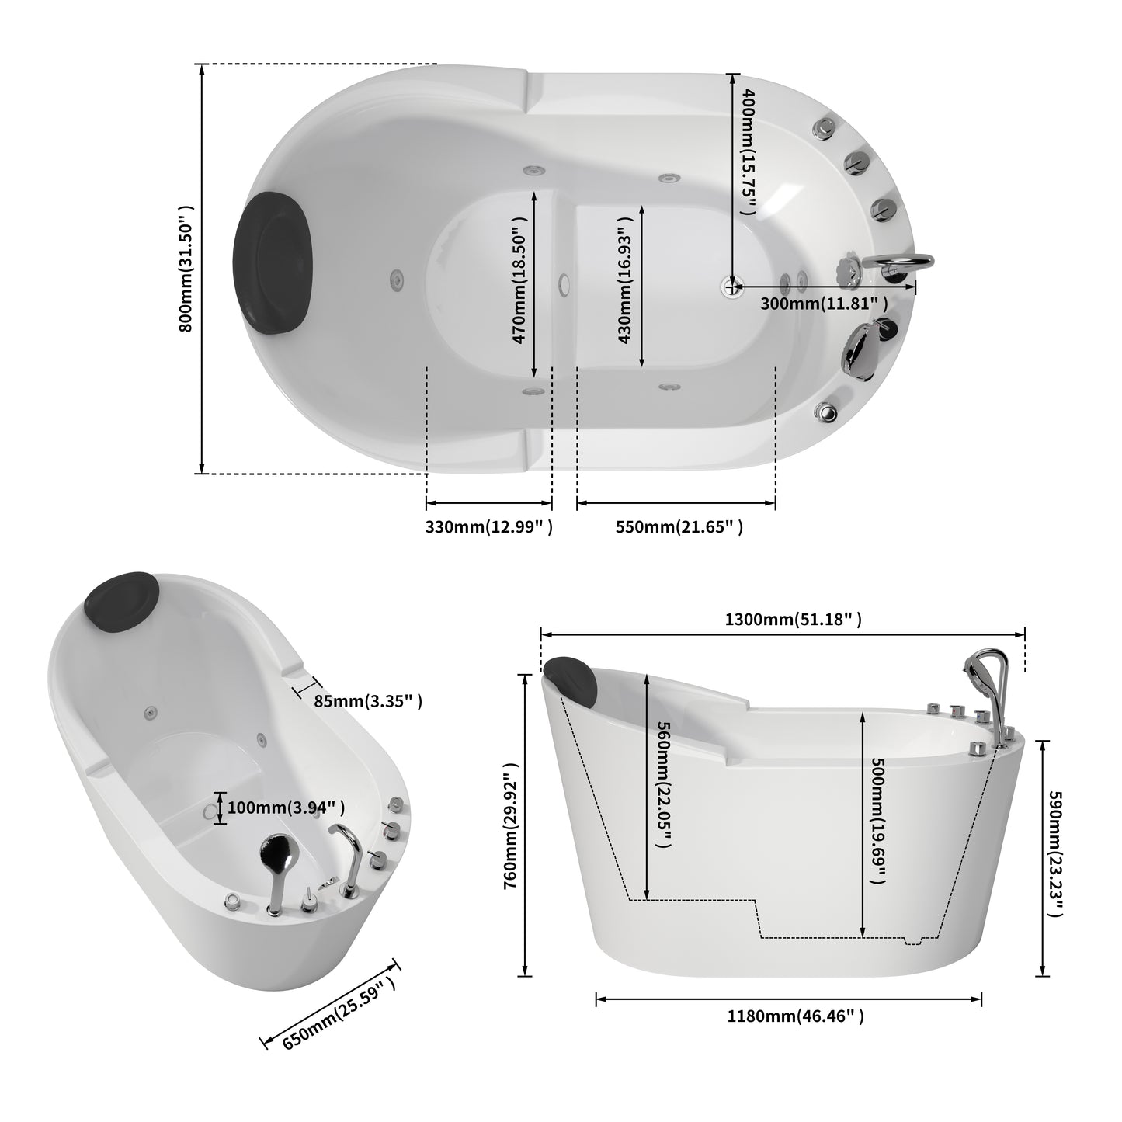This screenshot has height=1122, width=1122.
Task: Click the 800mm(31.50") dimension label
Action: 186,269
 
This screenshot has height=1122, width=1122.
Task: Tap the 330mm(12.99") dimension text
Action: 489,527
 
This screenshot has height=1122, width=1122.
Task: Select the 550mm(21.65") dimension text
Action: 679,527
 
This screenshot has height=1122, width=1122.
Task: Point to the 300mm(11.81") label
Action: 824,304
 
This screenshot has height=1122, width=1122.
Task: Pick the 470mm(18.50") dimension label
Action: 519,280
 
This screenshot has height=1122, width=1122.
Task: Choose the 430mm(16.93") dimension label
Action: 624,280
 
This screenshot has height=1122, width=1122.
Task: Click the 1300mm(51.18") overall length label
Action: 793,619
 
